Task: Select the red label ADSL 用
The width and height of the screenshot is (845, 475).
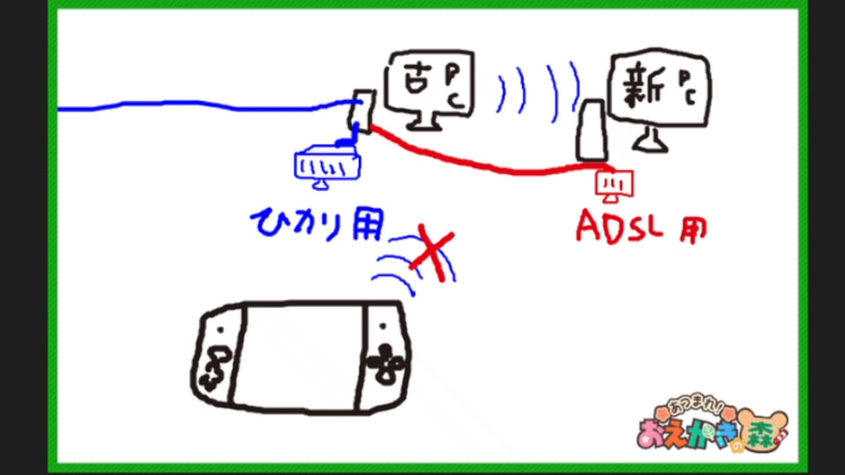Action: point(642,226)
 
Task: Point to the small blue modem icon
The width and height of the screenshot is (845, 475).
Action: point(325,165)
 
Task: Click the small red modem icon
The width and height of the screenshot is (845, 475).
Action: point(610,182)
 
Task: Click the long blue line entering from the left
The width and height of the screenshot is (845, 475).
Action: point(194,106)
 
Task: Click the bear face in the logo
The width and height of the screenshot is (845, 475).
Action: point(762,428)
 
